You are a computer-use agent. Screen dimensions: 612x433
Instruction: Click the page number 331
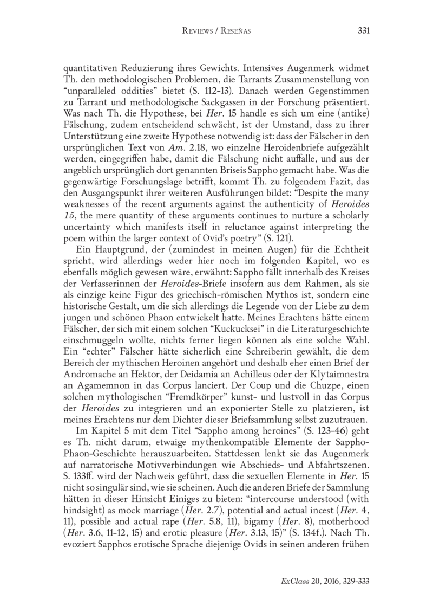(363, 31)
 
